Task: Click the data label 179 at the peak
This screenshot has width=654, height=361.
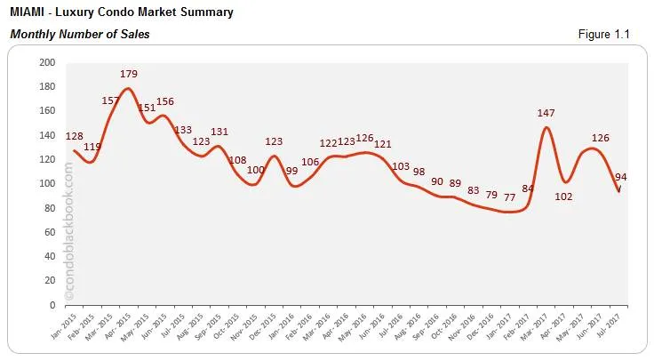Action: pos(130,74)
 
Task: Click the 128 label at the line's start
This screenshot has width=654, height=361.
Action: pos(76,136)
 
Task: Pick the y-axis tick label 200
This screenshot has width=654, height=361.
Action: pos(47,62)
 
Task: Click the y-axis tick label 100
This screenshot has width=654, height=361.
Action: pos(47,184)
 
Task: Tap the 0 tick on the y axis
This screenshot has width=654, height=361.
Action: pos(52,305)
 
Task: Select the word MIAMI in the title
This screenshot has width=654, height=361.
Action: pos(27,12)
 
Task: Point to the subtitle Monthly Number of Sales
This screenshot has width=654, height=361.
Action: pos(80,35)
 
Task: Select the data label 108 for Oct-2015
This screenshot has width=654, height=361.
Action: pos(239,161)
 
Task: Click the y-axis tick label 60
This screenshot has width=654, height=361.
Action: pos(50,232)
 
